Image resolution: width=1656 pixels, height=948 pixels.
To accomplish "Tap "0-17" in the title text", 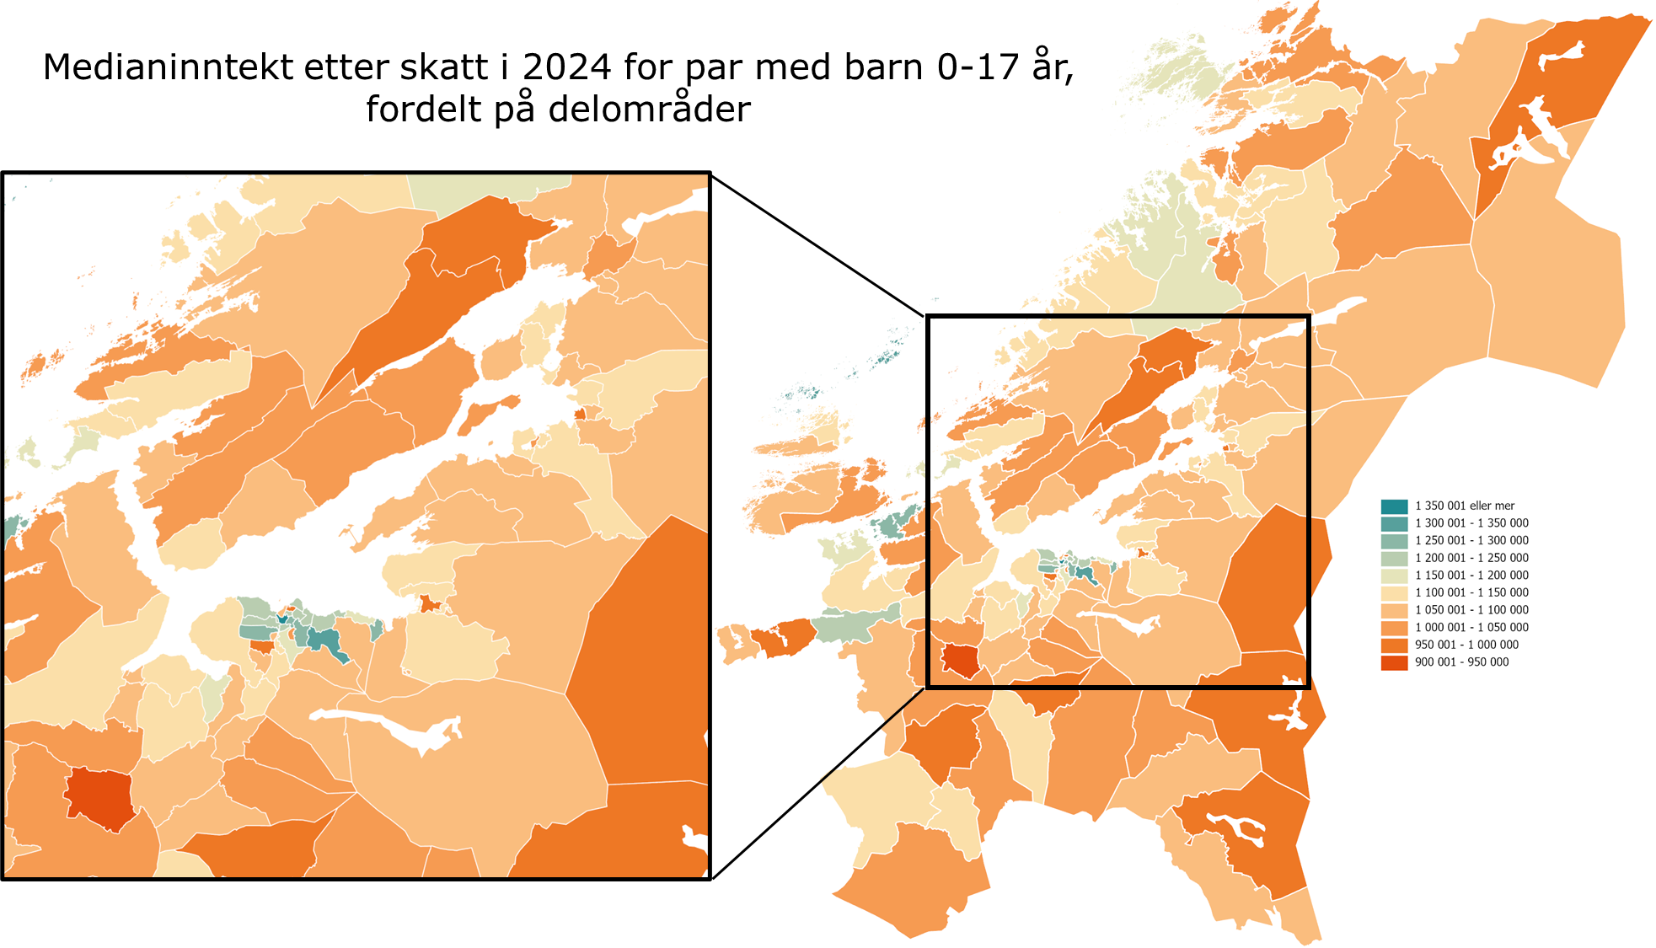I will point(979,67).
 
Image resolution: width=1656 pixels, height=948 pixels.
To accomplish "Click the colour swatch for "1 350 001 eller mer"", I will point(1394,506).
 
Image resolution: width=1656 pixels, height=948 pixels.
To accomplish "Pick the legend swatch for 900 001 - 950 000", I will point(1394,662).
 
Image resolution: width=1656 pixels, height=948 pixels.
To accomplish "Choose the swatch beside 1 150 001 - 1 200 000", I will point(1394,576).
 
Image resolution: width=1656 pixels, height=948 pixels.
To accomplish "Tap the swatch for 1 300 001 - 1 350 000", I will point(1394,523).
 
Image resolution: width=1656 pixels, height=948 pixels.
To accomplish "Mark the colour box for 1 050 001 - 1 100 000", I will point(1394,610).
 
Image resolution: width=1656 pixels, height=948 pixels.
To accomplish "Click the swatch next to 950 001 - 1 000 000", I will point(1394,645).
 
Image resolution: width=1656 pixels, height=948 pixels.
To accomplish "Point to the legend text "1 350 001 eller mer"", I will point(1465,506).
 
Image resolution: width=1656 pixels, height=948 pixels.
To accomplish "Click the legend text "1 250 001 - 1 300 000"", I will point(1471,541).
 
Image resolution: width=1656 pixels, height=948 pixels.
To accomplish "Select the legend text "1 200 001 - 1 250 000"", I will point(1471,558).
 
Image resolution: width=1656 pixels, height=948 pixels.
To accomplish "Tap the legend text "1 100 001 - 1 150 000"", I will point(1471,592).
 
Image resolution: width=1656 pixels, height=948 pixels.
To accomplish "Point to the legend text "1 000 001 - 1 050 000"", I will point(1471,628).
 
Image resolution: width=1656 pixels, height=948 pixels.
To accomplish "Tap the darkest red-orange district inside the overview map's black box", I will point(960,659).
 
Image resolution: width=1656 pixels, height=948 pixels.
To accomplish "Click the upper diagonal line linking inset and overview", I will point(817,244).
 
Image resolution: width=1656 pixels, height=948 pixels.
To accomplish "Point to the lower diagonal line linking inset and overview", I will point(817,784).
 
